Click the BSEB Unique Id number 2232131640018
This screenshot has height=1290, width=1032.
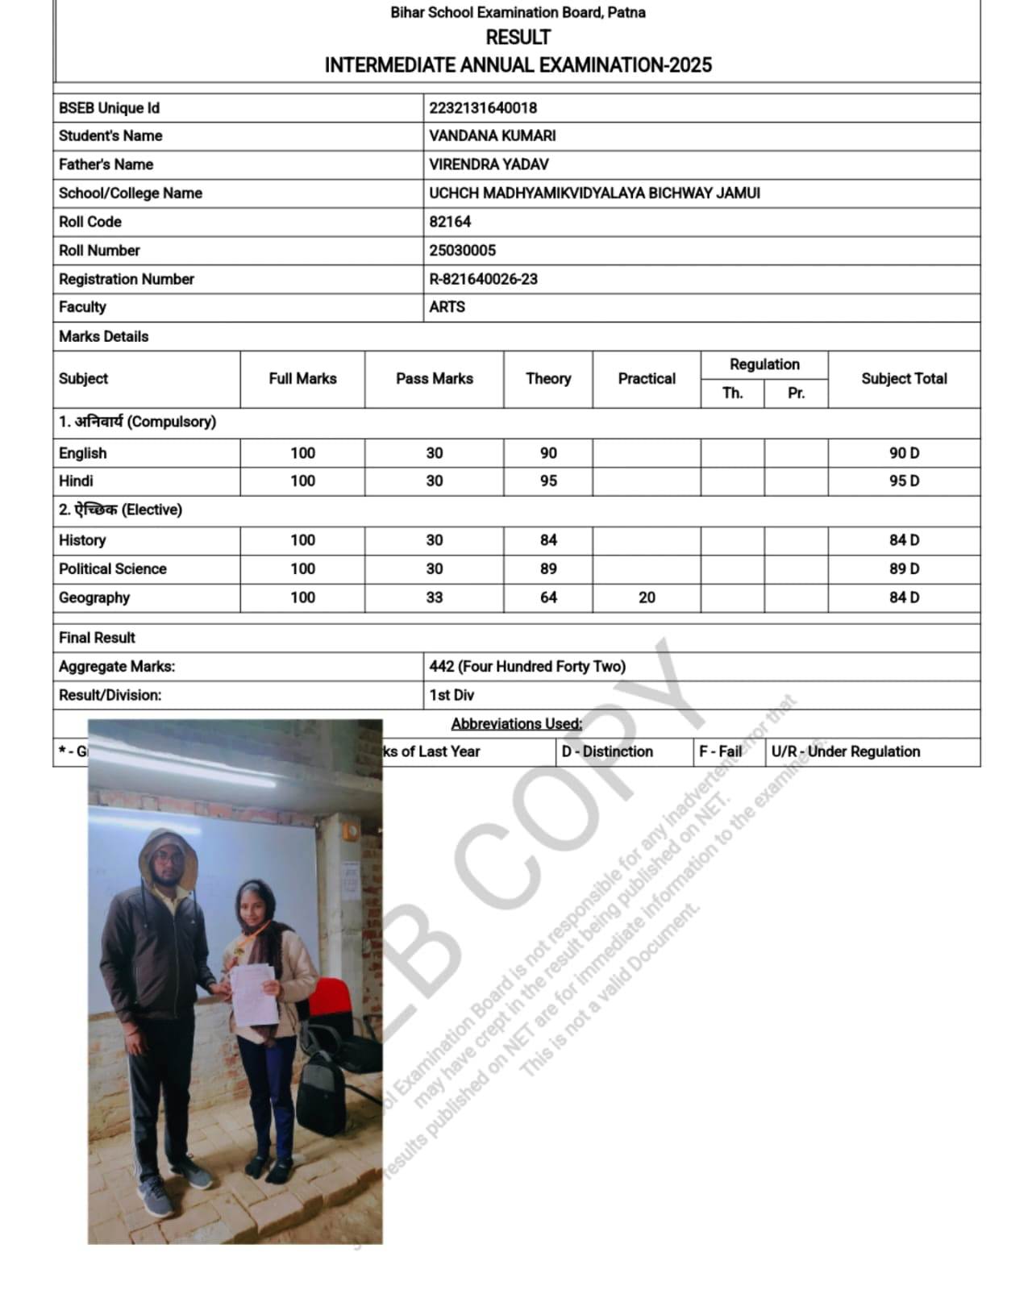[483, 108]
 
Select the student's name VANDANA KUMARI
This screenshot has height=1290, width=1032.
[492, 136]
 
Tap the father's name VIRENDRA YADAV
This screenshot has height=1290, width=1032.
[489, 164]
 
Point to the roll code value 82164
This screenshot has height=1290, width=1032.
[450, 222]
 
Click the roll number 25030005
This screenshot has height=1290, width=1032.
[462, 251]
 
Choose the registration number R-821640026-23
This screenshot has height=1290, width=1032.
[483, 279]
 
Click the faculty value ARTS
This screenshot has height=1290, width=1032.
[447, 307]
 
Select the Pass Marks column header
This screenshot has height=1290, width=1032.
[434, 379]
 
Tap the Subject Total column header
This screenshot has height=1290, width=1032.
[904, 379]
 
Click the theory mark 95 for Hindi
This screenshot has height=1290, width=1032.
[548, 481]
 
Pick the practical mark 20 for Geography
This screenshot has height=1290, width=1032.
[647, 598]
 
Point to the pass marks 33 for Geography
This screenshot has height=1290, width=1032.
[434, 598]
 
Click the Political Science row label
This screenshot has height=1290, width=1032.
[113, 569]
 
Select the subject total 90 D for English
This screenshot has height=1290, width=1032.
[904, 453]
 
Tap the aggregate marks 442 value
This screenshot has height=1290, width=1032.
[527, 667]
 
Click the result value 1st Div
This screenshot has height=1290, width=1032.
[451, 695]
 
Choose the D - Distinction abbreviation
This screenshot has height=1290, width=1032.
[607, 751]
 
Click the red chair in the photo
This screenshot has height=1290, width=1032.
[330, 1000]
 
